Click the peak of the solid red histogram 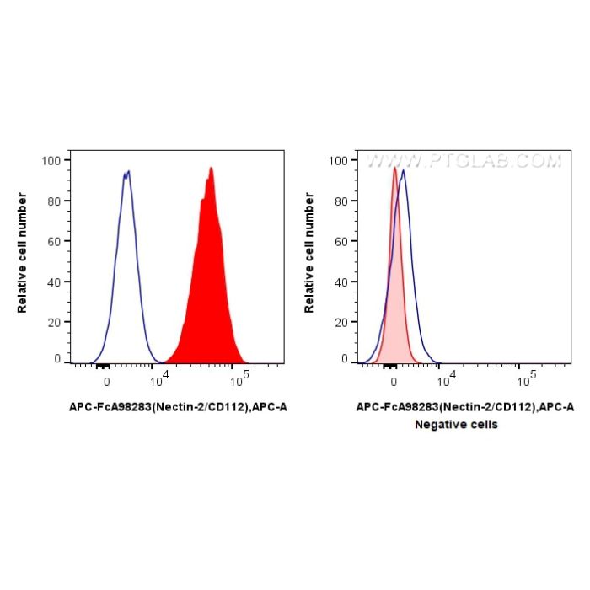click(x=211, y=168)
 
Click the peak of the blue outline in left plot click(x=127, y=171)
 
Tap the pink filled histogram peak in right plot click(x=394, y=167)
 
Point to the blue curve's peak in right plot click(x=404, y=170)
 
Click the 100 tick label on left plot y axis click(x=51, y=160)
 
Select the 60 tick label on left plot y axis click(x=54, y=241)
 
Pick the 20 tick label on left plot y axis click(x=54, y=322)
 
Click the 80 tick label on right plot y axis click(x=341, y=201)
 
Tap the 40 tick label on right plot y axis click(x=341, y=282)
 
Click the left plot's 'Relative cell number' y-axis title click(x=23, y=253)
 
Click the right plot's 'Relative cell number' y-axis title click(x=310, y=253)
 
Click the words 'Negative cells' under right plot click(x=456, y=425)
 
